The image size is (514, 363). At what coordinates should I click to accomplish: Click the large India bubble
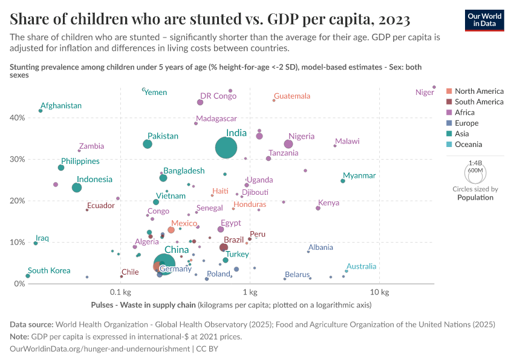pyautogui.click(x=226, y=147)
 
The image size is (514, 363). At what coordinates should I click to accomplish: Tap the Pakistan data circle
pyautogui.click(x=148, y=144)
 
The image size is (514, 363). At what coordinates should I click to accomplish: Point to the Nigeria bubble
pyautogui.click(x=288, y=144)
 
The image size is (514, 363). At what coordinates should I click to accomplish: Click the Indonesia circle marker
pyautogui.click(x=77, y=188)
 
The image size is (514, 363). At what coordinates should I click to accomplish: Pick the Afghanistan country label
pyautogui.click(x=61, y=106)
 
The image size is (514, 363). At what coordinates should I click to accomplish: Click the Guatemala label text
pyautogui.click(x=292, y=96)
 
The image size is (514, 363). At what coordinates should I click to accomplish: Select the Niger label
pyautogui.click(x=425, y=93)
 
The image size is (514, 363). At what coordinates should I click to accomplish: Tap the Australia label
pyautogui.click(x=362, y=266)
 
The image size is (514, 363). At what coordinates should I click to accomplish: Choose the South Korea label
pyautogui.click(x=49, y=271)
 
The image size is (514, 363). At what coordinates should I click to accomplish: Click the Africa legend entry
pyautogui.click(x=465, y=113)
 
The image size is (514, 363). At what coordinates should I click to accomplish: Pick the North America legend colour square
pyautogui.click(x=449, y=91)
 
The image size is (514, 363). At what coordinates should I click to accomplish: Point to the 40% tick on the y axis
pyautogui.click(x=16, y=118)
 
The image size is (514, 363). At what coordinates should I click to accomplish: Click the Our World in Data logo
pyautogui.click(x=484, y=20)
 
